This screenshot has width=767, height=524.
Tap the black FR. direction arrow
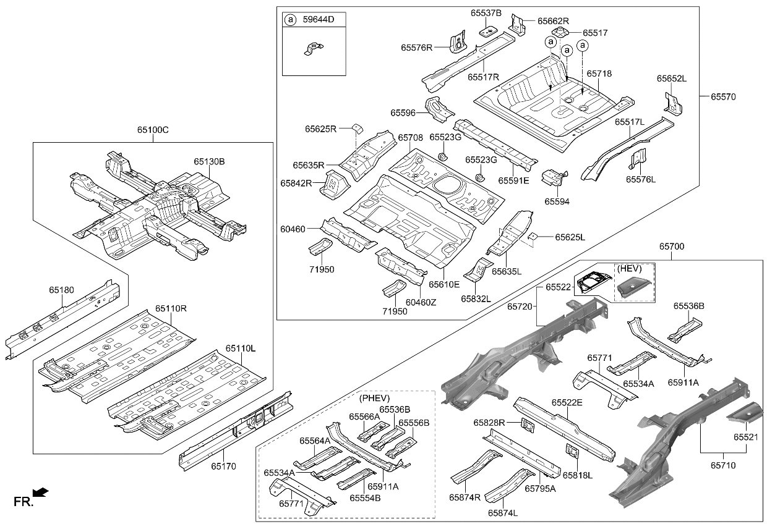pyautogui.click(x=41, y=492)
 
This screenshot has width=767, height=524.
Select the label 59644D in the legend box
pyautogui.click(x=317, y=20)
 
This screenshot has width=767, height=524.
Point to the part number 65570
pyautogui.click(x=723, y=96)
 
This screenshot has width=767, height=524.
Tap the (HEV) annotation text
pyautogui.click(x=629, y=268)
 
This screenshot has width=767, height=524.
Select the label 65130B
pyautogui.click(x=209, y=162)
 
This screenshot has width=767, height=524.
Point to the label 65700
pyautogui.click(x=672, y=247)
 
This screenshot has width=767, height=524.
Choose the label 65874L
pyautogui.click(x=502, y=513)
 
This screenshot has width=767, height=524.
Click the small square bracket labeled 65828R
pyautogui.click(x=527, y=425)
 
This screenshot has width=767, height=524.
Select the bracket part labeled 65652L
pyautogui.click(x=673, y=104)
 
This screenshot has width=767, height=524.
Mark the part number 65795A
pyautogui.click(x=540, y=488)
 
